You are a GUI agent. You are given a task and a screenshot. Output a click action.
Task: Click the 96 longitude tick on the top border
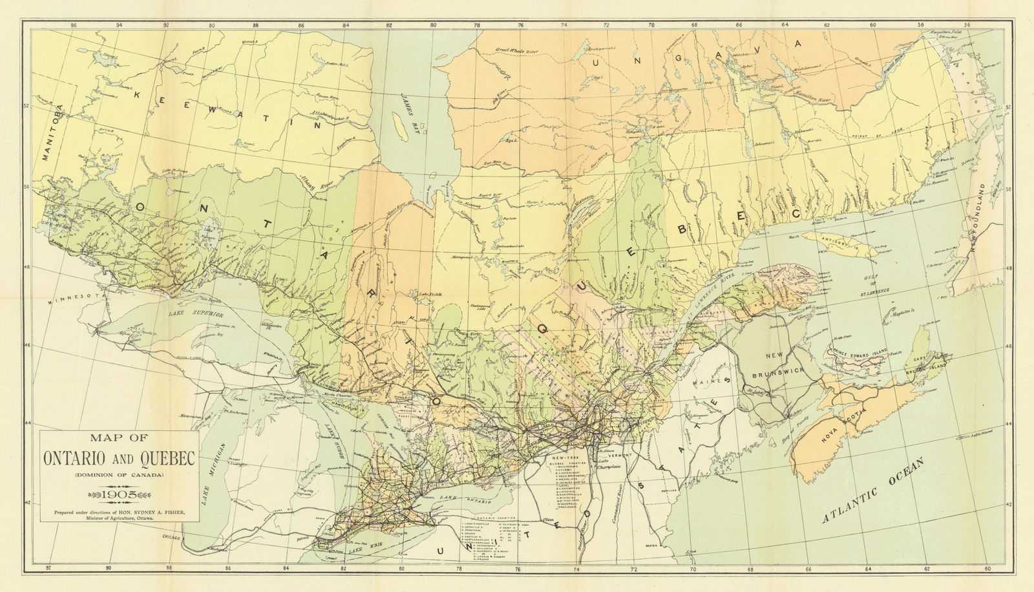(74, 25)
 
